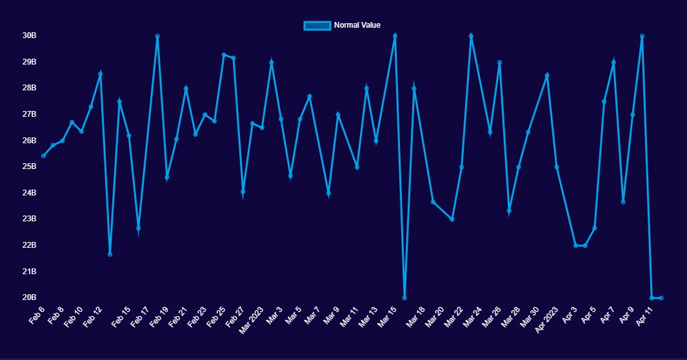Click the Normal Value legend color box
[x=317, y=25]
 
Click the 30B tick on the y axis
[x=29, y=35]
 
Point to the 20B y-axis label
[x=29, y=297]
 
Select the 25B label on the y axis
[x=29, y=166]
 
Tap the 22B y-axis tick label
[x=29, y=245]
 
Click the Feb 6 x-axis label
[x=36, y=314]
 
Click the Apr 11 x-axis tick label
[x=645, y=315]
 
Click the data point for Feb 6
[x=43, y=155]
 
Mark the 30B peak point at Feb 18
[x=157, y=36]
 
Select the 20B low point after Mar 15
[x=404, y=297]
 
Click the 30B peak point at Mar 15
[x=395, y=36]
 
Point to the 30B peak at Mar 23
[x=471, y=36]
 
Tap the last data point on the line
[x=661, y=297]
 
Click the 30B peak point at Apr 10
[x=642, y=36]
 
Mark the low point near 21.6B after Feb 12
[x=110, y=254]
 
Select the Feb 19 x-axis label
[x=160, y=315]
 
